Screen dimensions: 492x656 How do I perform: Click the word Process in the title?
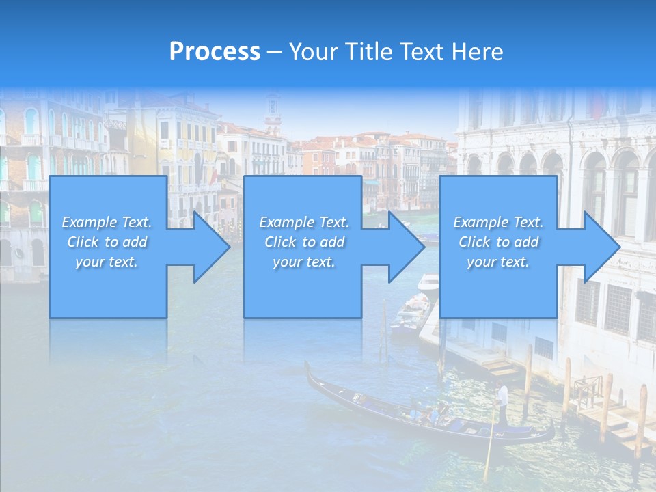[215, 52]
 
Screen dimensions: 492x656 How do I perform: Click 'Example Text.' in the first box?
[107, 222]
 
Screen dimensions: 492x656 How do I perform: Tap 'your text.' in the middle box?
[303, 262]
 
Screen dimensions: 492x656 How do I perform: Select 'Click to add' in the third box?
[498, 242]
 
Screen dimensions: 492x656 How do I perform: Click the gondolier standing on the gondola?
[503, 403]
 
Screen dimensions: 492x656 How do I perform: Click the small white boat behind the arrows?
[428, 282]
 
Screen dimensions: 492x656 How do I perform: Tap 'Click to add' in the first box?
[107, 242]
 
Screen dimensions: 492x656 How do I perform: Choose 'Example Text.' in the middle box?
[303, 222]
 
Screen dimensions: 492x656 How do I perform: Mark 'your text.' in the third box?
[498, 262]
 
